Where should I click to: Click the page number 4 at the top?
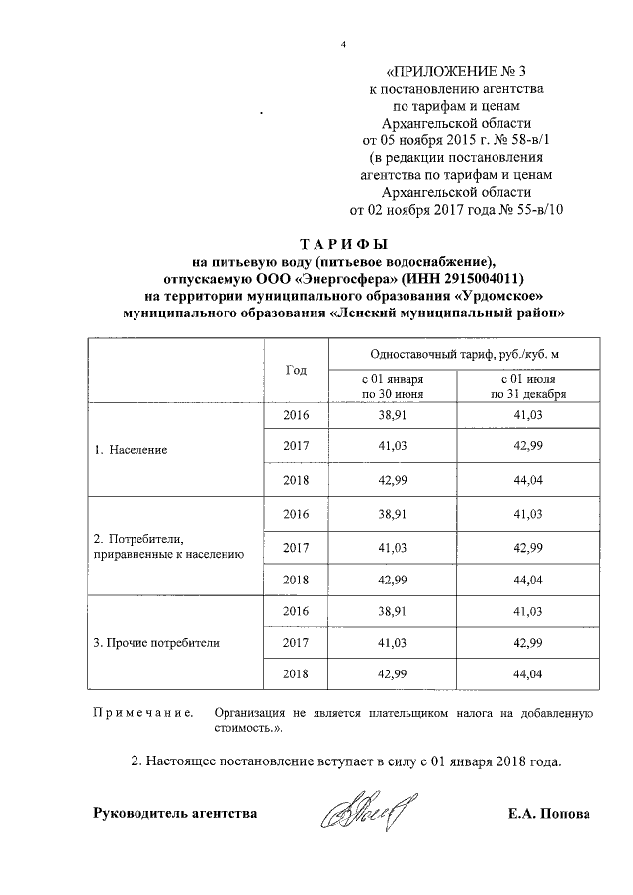pyautogui.click(x=342, y=45)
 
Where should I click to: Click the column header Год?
pyautogui.click(x=296, y=370)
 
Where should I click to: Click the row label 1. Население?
pyautogui.click(x=131, y=449)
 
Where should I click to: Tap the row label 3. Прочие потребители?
pyautogui.click(x=155, y=642)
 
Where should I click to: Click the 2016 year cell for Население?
pyautogui.click(x=296, y=416)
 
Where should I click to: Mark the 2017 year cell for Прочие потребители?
pyautogui.click(x=296, y=642)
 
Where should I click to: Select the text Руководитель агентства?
pyautogui.click(x=175, y=814)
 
